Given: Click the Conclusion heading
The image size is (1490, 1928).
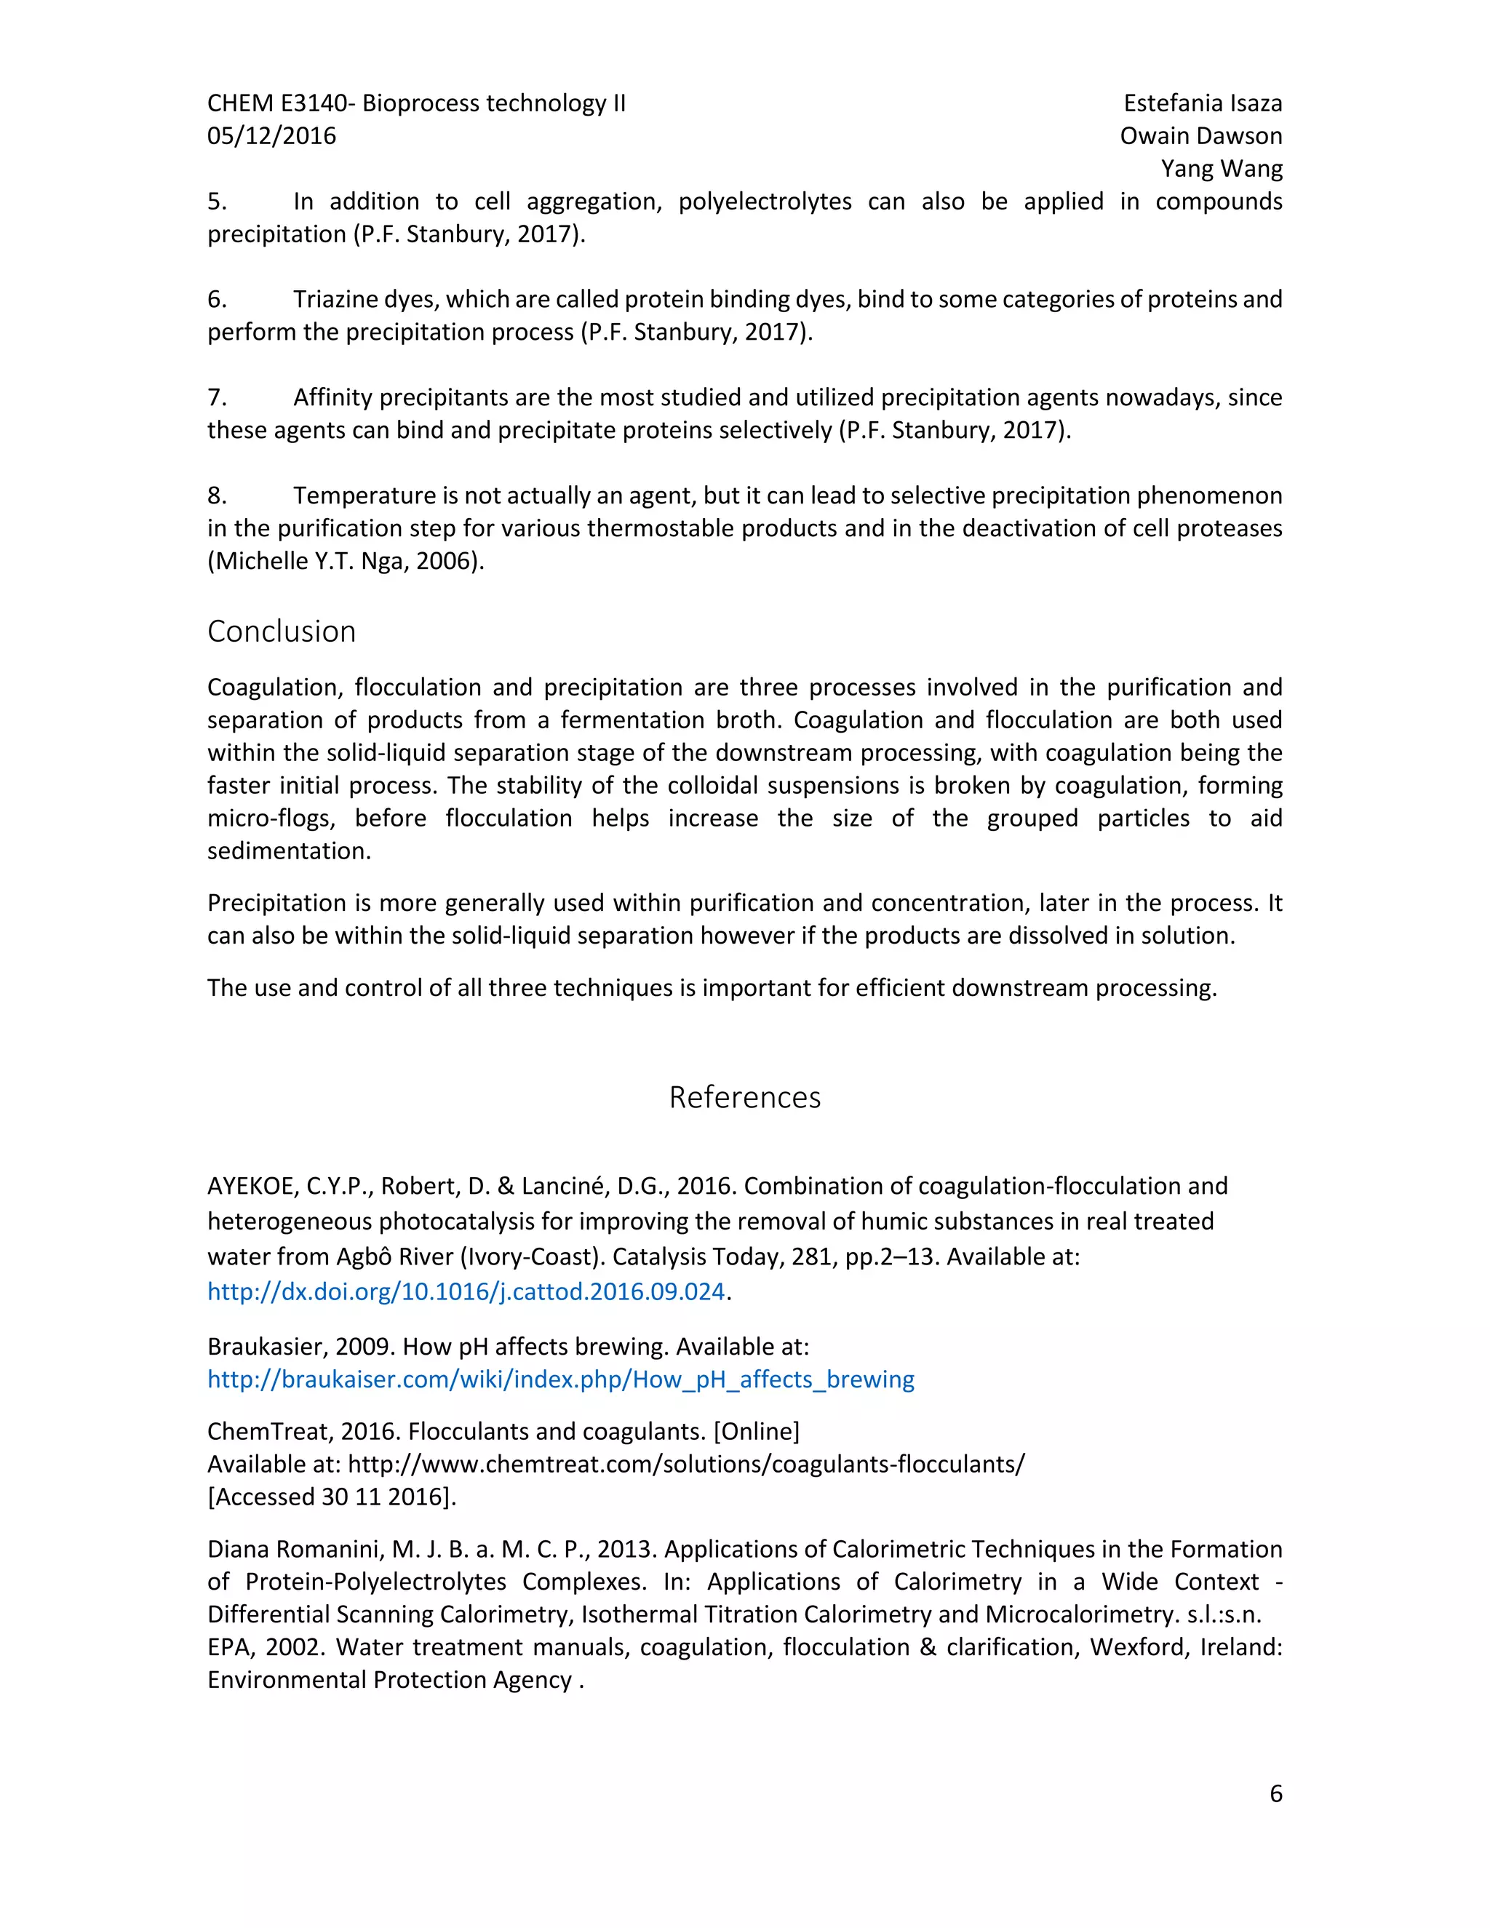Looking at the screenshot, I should [281, 632].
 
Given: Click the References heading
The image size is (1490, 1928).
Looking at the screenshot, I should [744, 1096].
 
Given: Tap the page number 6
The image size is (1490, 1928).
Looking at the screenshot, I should [1275, 1794].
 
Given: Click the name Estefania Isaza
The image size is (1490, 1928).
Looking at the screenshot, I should [1202, 103].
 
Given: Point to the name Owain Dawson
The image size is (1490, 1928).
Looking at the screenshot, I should [1200, 136].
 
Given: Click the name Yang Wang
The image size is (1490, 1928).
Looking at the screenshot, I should [1221, 169].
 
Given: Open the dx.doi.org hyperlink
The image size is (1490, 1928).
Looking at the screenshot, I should [465, 1291].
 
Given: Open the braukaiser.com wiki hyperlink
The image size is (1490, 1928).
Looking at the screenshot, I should [560, 1379].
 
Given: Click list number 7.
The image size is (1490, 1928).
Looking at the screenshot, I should [216, 397].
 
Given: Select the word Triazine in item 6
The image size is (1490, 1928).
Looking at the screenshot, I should [335, 299].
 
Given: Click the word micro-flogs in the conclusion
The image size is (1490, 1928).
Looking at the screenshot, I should [270, 818].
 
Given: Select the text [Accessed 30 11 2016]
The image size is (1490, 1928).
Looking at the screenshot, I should [331, 1497].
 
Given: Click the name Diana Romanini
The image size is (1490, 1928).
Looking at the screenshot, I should [295, 1549].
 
